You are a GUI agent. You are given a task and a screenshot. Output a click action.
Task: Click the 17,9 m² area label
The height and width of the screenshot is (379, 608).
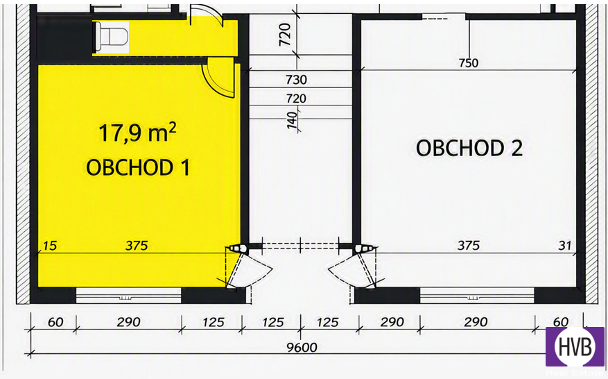coord(138,133)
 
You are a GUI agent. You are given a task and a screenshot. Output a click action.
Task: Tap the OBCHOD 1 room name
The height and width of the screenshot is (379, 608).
coord(138,167)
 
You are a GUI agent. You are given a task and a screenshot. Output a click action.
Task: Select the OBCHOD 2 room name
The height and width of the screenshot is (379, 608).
coord(469,148)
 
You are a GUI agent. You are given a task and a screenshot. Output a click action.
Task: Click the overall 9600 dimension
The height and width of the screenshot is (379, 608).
coord(302,347)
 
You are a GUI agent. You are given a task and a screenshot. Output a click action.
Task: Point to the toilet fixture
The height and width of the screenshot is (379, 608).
coord(112,37)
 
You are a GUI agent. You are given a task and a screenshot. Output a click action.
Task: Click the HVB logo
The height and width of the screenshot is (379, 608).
coord(575,346)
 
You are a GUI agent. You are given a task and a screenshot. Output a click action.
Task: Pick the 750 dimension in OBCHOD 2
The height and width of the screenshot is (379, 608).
coord(469,63)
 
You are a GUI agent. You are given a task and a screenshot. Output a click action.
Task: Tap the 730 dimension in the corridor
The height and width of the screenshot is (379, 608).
coord(296,80)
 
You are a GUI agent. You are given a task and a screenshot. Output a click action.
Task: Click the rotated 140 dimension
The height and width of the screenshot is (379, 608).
coord(293,120)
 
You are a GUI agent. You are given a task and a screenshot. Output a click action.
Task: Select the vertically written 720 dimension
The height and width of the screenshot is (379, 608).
coord(285,35)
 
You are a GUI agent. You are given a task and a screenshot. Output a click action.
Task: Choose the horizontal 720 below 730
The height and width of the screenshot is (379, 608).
coord(296,99)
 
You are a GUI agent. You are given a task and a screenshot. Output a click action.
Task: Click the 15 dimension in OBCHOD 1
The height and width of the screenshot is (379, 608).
coord(50,246)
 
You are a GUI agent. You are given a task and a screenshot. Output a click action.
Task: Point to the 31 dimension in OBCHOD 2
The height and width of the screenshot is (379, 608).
coord(565,246)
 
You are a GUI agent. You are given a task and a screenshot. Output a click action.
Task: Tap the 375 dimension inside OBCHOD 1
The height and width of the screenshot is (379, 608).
coord(137,246)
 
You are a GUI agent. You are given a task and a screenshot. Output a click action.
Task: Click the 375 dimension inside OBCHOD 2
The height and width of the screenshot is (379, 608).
coord(469,246)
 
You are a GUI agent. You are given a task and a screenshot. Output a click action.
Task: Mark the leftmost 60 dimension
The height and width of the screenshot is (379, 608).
coord(55,322)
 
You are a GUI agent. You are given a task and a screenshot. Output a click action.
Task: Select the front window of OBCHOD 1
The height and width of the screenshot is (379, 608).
coord(128,296)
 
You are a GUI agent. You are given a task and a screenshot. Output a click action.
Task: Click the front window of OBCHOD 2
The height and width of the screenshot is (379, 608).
coord(477,296)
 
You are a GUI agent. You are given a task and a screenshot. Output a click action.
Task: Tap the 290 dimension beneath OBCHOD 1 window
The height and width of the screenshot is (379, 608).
coord(128,322)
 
